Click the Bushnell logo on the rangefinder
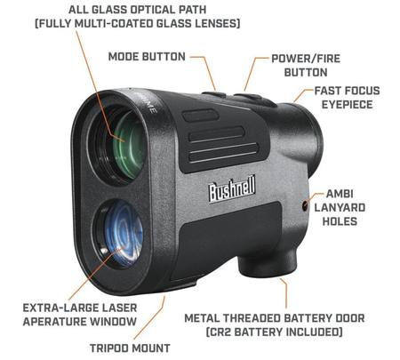point(232,188)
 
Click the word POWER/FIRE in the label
point(306,59)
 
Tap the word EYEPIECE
point(347,105)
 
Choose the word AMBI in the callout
point(340,194)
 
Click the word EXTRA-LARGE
point(60,308)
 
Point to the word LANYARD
point(340,207)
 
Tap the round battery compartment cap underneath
point(263,266)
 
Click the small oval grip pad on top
point(201,116)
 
